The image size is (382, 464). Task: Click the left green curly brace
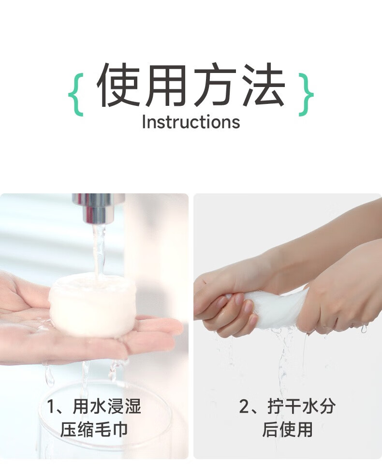[x=75, y=94]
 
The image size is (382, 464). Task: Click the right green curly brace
[x=306, y=94]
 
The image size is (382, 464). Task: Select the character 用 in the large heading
[x=166, y=85]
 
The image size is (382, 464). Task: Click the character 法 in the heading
[x=263, y=85]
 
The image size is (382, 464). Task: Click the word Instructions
[x=191, y=122]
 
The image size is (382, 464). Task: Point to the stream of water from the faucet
[x=99, y=251]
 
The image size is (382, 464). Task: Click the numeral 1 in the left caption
[x=51, y=406]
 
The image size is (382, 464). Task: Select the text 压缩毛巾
[x=94, y=429]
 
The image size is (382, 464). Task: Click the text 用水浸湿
[x=107, y=406]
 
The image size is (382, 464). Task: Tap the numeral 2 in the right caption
[x=245, y=406]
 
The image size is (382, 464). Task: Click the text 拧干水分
[x=301, y=406]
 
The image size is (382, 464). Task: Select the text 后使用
[x=287, y=429]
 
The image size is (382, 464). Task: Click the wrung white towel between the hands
[x=276, y=308]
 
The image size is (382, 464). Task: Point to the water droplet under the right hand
[x=364, y=329]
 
